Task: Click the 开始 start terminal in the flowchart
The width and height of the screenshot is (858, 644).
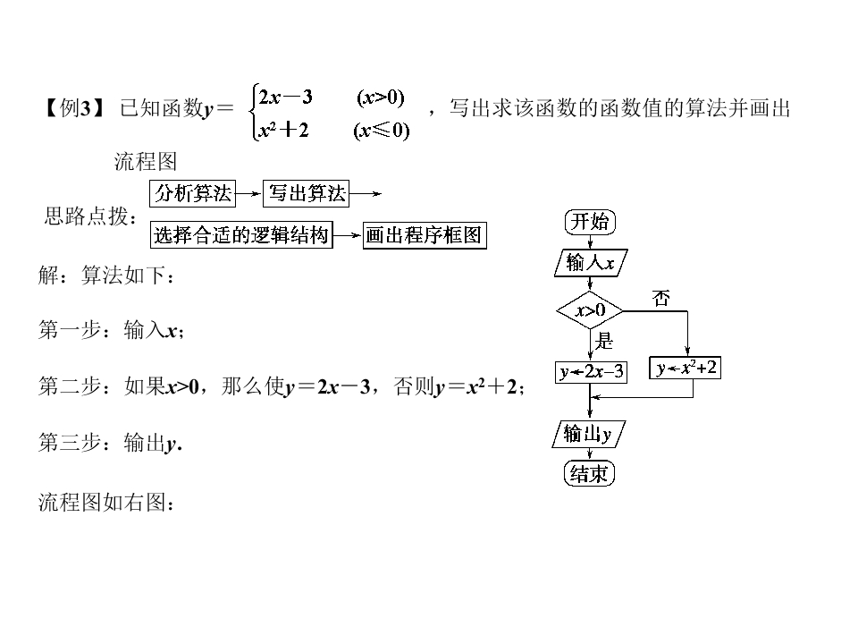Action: pos(590,222)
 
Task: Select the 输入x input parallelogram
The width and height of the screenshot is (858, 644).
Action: pos(590,263)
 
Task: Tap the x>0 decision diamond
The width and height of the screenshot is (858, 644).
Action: pos(589,310)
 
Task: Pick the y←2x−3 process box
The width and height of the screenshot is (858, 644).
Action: pos(591,371)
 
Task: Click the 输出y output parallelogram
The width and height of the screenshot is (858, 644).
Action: pos(588,435)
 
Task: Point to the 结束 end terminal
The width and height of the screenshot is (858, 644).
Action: pos(590,473)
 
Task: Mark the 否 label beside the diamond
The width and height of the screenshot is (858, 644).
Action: pos(660,299)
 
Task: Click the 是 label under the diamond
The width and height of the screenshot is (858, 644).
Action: pos(605,340)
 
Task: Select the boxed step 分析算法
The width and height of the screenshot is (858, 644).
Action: pos(193,192)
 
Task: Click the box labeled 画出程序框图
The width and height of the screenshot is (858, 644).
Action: pos(424,235)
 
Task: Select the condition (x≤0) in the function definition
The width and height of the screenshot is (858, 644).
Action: pos(381,131)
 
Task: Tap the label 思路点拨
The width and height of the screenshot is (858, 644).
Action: pos(89,216)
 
